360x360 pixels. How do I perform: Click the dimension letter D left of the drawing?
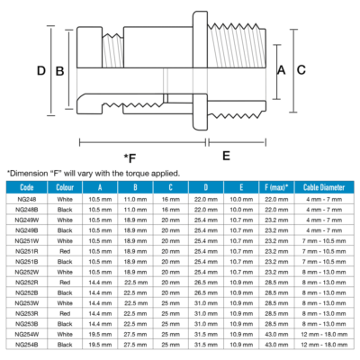[40, 70]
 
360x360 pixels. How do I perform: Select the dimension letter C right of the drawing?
[301, 69]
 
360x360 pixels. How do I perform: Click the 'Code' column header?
[26, 186]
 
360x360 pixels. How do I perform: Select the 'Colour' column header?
[65, 186]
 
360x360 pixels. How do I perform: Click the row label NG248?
[25, 198]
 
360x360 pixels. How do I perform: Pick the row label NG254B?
[26, 345]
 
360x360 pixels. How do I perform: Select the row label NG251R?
[26, 250]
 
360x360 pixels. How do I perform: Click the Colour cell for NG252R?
[65, 282]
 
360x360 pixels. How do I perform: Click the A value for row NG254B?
[100, 345]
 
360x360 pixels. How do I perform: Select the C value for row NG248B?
[170, 209]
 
